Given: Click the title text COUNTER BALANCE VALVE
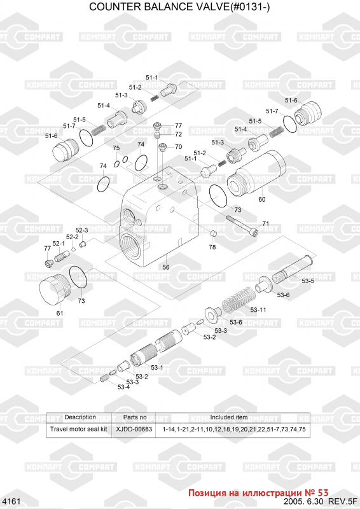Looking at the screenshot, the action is [159, 6].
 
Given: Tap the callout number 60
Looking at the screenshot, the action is [261, 199].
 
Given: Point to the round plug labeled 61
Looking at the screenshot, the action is [55, 289].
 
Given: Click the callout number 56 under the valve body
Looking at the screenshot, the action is [166, 267].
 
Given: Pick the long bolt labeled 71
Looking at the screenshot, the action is [242, 225].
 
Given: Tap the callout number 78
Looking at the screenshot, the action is [212, 247].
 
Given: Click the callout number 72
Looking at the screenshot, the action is [178, 134].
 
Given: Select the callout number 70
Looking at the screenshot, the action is [178, 147].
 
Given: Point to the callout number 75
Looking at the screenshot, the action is [116, 148].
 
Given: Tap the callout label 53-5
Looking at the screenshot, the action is [307, 281].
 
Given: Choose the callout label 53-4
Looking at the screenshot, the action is [123, 387].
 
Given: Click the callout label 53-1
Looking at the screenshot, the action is [157, 367].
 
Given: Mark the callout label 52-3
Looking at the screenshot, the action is [82, 230].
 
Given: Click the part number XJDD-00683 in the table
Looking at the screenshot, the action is [134, 429].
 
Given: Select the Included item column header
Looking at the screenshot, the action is [228, 417].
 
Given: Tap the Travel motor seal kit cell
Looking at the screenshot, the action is [79, 429].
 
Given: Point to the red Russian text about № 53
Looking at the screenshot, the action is [258, 493].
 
